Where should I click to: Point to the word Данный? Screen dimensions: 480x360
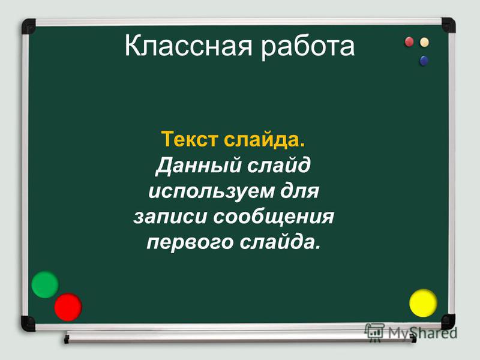point(199,166)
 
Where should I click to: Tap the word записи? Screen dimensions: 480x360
point(170,217)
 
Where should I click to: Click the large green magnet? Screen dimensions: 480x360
point(44,284)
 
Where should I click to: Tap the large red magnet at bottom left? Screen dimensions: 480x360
point(68,307)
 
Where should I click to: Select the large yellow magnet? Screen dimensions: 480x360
point(423,303)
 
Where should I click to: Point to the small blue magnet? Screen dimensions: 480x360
point(424,61)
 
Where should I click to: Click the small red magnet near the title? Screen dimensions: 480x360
point(409,42)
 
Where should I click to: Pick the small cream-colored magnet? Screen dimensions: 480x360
point(424,42)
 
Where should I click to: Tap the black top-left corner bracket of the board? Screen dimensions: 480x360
point(28,26)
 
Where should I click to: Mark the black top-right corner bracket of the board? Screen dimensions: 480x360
point(448,25)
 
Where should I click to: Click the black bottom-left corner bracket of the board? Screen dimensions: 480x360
point(28,323)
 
